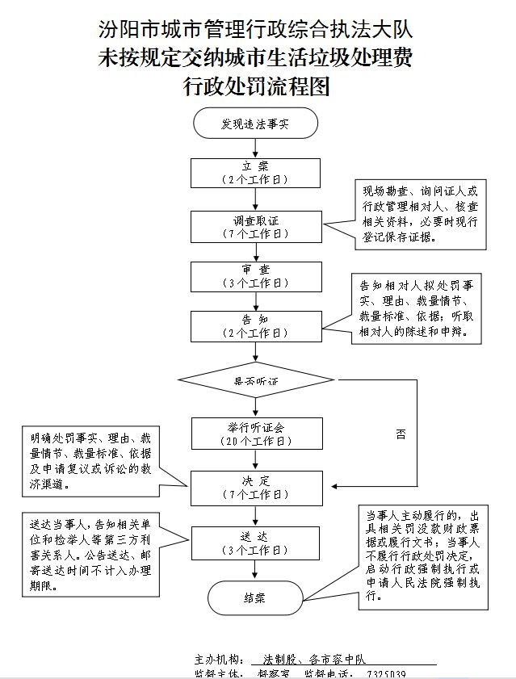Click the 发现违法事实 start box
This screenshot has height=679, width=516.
pos(256,124)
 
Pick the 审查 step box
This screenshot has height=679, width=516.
pos(256,276)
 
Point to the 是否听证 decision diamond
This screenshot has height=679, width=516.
pos(256,380)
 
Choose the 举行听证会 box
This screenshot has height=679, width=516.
pos(256,434)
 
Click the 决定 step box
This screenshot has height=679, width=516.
pos(256,487)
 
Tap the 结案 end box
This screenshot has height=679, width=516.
pos(256,598)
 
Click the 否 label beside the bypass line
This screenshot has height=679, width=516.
pos(401,434)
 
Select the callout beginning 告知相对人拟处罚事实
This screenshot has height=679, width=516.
pos(418,308)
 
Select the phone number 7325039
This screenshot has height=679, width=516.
pos(386,674)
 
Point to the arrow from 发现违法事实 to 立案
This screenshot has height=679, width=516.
pos(256,147)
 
